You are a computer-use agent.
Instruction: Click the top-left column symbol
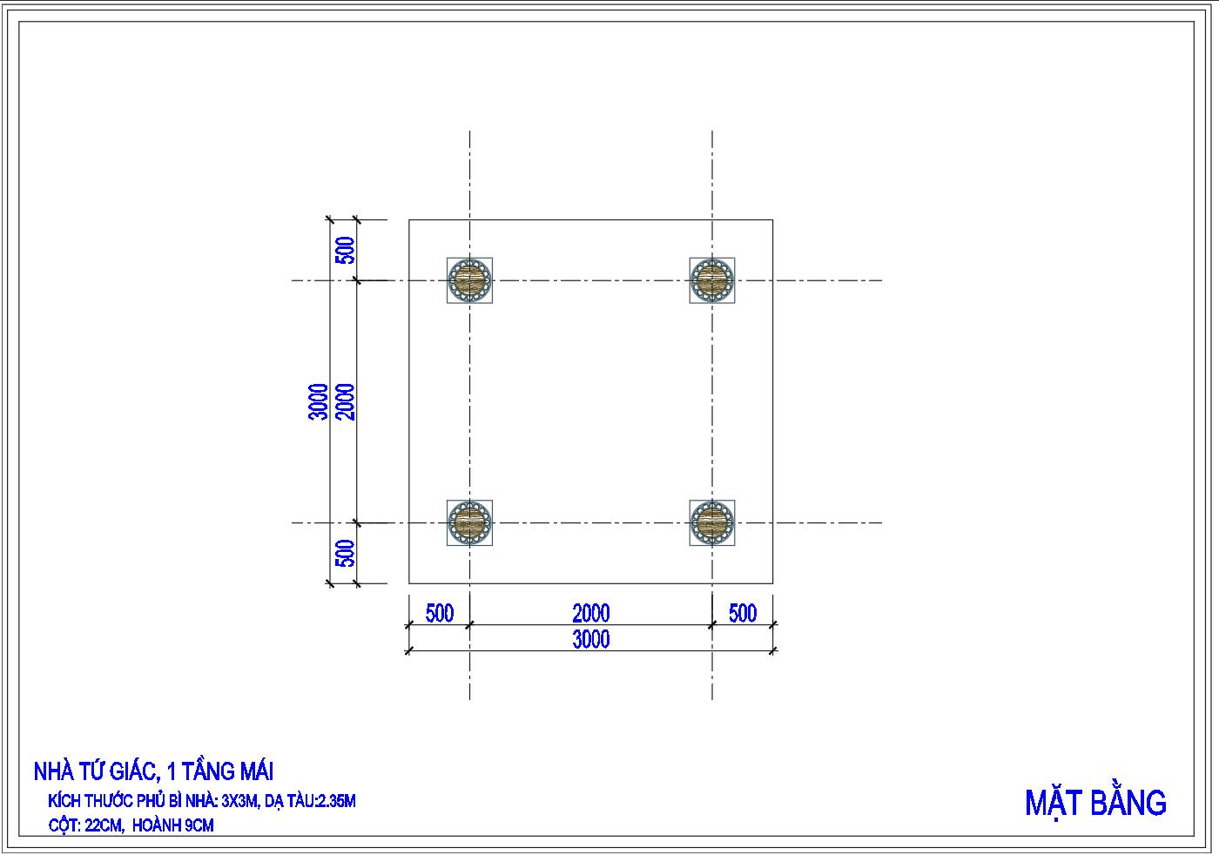469,280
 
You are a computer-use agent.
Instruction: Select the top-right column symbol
712,280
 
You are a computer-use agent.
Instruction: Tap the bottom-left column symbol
469,522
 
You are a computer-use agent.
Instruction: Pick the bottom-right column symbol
712,522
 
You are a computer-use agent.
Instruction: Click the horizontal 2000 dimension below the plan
591,613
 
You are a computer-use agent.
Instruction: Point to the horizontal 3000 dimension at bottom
591,639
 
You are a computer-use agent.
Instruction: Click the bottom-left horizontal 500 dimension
439,613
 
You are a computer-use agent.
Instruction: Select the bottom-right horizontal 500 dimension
742,613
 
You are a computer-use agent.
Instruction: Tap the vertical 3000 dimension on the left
319,402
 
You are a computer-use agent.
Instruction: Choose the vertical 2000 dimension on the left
345,402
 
